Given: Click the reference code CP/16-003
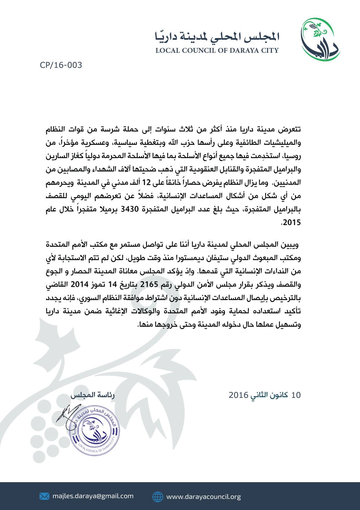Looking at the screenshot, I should [61, 65].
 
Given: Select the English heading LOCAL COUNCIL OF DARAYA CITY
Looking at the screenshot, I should [217, 51].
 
